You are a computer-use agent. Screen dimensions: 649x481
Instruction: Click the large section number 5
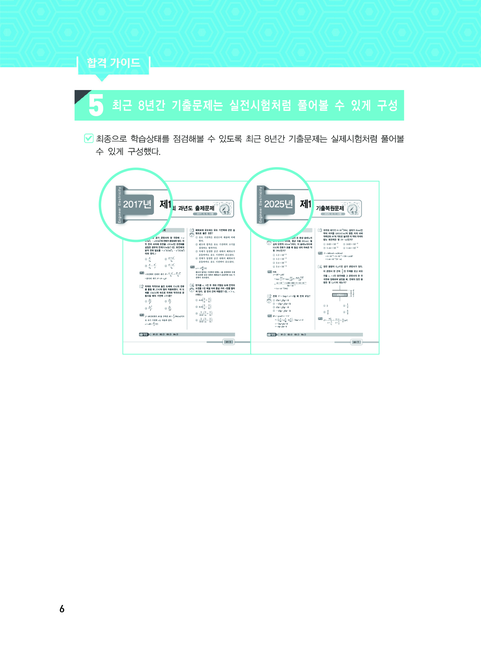96,106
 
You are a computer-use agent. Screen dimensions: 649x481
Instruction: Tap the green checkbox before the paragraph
88,139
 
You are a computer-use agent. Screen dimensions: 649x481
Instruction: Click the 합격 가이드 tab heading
113,63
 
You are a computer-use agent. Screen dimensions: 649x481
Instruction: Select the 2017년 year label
137,204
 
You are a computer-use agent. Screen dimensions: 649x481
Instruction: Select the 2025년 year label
279,204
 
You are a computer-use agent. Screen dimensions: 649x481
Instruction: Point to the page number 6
62,609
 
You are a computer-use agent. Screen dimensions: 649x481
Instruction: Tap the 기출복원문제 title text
330,208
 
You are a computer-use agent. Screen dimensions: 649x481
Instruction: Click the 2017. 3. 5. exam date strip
202,214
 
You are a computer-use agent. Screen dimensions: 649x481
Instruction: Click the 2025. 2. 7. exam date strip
333,214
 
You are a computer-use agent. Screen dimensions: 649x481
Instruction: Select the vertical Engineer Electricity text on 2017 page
119,205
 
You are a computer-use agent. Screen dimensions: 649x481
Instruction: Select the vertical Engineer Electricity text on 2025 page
261,205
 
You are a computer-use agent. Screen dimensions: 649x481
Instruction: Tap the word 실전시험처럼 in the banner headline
260,106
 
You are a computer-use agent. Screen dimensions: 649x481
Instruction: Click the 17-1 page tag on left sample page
228,342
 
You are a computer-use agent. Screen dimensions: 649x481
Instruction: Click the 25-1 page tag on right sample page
356,342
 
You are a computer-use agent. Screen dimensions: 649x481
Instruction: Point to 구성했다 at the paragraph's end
144,152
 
